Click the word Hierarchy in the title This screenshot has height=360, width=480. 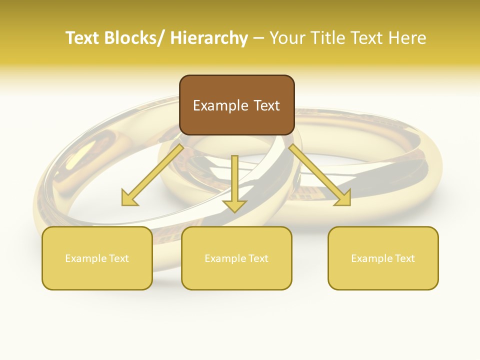pyautogui.click(x=209, y=38)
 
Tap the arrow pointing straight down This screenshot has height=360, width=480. pyautogui.click(x=234, y=180)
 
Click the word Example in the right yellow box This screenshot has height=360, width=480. pyautogui.click(x=371, y=258)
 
